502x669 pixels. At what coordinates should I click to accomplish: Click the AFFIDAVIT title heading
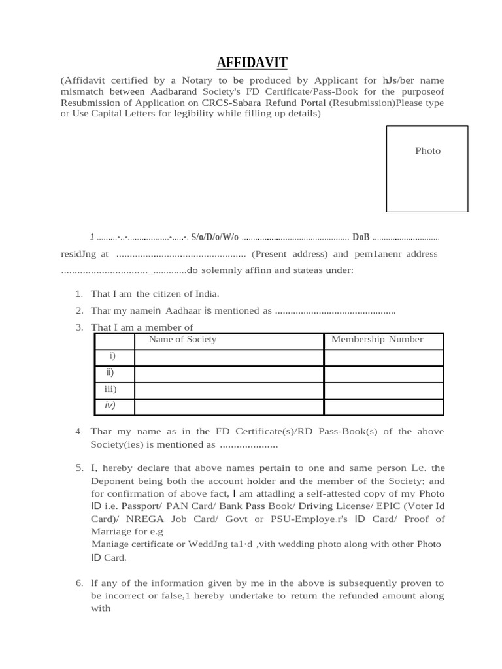pyautogui.click(x=252, y=63)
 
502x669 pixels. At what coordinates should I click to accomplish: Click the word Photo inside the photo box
pyautogui.click(x=427, y=151)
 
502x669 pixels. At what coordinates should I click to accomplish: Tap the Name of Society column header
pyautogui.click(x=182, y=340)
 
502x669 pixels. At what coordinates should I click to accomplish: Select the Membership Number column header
pyautogui.click(x=377, y=340)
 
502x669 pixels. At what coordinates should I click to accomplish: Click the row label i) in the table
pyautogui.click(x=112, y=356)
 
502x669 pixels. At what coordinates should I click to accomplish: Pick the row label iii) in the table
pyautogui.click(x=110, y=390)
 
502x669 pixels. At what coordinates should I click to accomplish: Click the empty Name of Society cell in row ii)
pyautogui.click(x=229, y=374)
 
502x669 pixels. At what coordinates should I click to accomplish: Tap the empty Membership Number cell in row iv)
pyautogui.click(x=383, y=407)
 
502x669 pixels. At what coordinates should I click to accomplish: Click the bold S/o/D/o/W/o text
pyautogui.click(x=214, y=237)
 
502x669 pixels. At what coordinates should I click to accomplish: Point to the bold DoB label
pyautogui.click(x=361, y=237)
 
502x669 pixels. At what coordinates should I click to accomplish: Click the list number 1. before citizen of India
pyautogui.click(x=78, y=294)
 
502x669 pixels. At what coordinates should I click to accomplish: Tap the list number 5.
pyautogui.click(x=78, y=468)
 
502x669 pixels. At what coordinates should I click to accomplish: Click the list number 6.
pyautogui.click(x=78, y=583)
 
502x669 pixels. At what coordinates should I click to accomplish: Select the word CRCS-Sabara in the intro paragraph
pyautogui.click(x=229, y=103)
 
